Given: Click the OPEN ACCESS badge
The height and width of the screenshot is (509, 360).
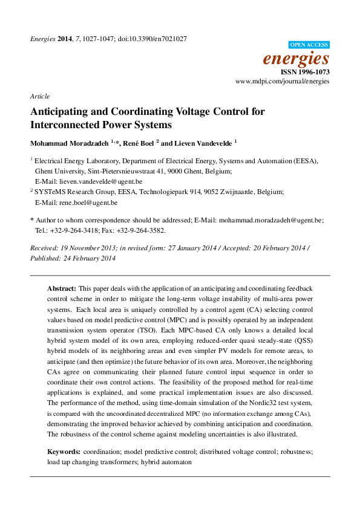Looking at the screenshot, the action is [x=310, y=45].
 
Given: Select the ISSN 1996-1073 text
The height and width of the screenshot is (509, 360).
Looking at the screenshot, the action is [x=305, y=71].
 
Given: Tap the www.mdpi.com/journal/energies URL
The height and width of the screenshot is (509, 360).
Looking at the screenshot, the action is [x=282, y=80].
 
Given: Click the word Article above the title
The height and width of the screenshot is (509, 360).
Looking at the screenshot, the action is [x=39, y=96].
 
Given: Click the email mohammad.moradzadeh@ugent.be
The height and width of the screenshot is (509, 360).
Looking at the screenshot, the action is [x=270, y=221].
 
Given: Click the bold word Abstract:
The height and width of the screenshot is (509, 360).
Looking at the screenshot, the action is [x=62, y=290].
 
